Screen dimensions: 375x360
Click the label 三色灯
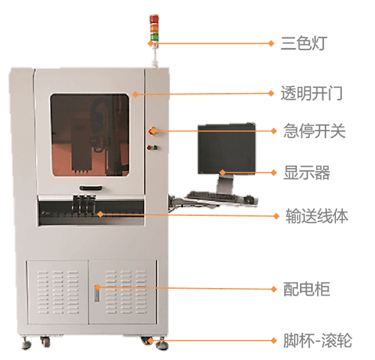point(304,43)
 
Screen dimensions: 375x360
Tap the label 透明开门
point(311,93)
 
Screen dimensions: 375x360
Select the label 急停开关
point(314,130)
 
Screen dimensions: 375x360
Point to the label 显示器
point(307,172)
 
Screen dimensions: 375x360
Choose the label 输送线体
point(317,216)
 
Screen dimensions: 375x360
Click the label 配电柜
point(307,289)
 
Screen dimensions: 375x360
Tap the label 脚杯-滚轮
point(317,340)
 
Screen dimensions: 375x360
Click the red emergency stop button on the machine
point(152,130)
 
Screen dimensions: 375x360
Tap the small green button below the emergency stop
point(155,147)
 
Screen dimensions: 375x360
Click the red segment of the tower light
point(154,19)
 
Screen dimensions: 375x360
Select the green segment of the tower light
point(154,37)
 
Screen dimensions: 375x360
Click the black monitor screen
point(226,148)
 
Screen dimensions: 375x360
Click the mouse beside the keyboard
point(249,199)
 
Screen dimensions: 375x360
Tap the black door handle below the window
point(91,187)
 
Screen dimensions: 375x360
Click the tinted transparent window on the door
point(90,135)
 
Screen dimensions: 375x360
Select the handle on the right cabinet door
point(97,293)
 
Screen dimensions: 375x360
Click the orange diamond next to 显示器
point(274,172)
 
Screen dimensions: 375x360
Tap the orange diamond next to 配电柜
point(274,289)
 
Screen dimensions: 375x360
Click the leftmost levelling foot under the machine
point(26,343)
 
